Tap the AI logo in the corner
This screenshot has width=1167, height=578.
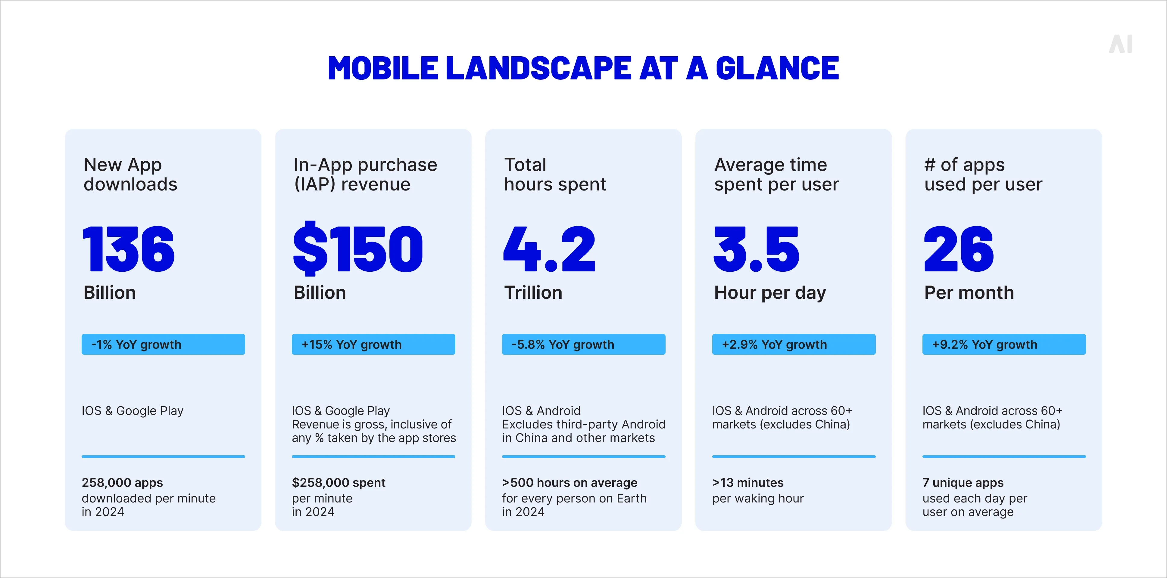click(x=1121, y=44)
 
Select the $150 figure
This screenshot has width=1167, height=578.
click(x=358, y=249)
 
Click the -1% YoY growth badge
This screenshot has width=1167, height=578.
click(x=163, y=345)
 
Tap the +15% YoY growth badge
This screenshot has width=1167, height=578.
click(x=373, y=345)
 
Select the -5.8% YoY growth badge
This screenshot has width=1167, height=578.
click(x=584, y=345)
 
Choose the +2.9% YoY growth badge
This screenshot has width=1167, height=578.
click(x=794, y=345)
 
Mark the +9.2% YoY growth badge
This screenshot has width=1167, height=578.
click(x=1004, y=345)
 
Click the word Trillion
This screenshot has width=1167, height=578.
click(x=533, y=293)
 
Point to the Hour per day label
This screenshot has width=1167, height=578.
click(x=770, y=293)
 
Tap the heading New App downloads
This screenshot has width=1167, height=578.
click(x=130, y=174)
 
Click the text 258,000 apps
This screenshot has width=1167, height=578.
click(x=122, y=483)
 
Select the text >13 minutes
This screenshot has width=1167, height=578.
click(x=747, y=483)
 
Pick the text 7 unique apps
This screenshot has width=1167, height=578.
click(x=963, y=483)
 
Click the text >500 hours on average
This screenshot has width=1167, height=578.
click(x=569, y=483)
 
